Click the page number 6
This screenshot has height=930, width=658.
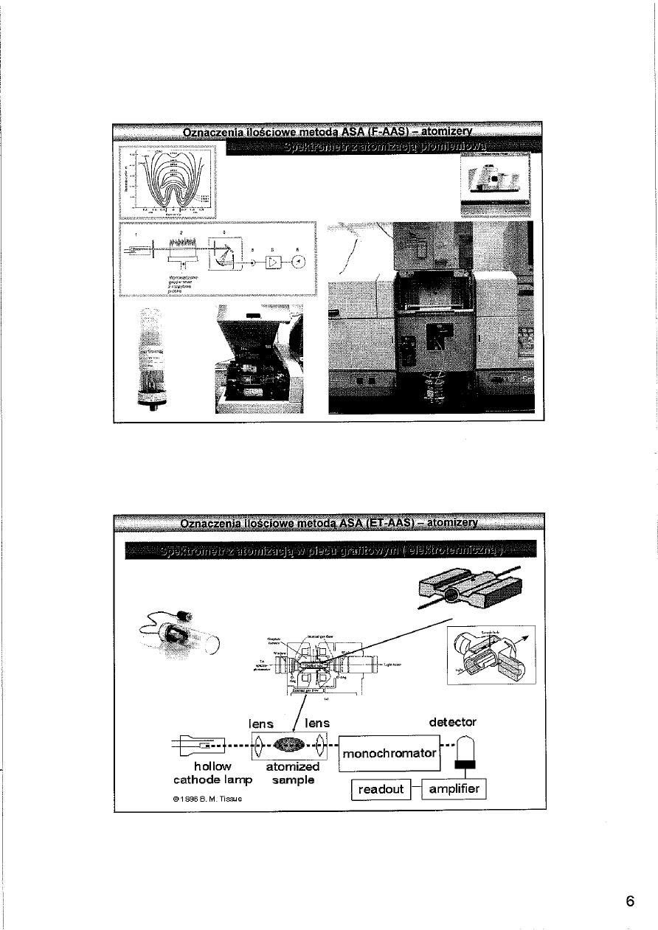pyautogui.click(x=630, y=900)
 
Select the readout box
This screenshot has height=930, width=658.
pyautogui.click(x=381, y=790)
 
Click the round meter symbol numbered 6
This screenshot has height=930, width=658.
pyautogui.click(x=297, y=262)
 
